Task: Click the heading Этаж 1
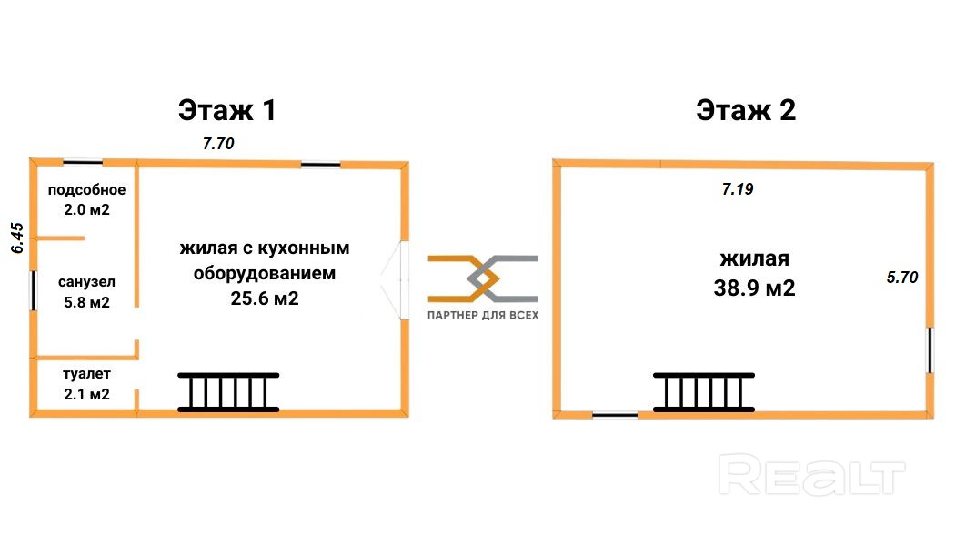click(x=227, y=110)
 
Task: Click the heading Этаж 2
click(x=746, y=110)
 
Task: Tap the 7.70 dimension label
click(x=218, y=143)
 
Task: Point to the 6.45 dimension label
click(x=17, y=238)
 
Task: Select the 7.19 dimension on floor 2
click(x=738, y=189)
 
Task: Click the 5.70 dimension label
click(x=902, y=278)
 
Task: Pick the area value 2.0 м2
click(x=86, y=209)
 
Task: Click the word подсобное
click(x=86, y=189)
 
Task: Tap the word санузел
click(x=86, y=282)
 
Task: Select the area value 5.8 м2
click(x=86, y=302)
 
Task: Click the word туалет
click(x=86, y=373)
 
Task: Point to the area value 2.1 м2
click(x=86, y=394)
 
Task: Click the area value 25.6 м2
click(x=265, y=298)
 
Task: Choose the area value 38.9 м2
click(x=754, y=288)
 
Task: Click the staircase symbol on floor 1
click(x=228, y=392)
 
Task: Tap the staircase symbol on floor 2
click(x=703, y=392)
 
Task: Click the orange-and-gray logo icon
click(x=483, y=278)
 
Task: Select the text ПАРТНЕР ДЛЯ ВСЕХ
click(x=483, y=315)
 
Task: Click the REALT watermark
click(x=812, y=475)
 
